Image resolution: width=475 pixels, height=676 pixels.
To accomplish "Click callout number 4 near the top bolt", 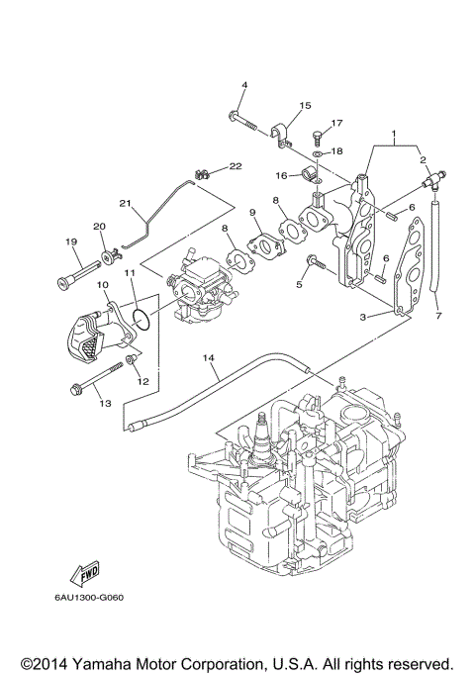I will coord(243,86).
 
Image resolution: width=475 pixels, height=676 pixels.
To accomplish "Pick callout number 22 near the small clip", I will coord(236,165).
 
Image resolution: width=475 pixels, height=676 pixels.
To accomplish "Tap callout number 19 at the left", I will coord(71,241).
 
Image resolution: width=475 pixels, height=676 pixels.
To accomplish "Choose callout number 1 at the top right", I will coord(393,133).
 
